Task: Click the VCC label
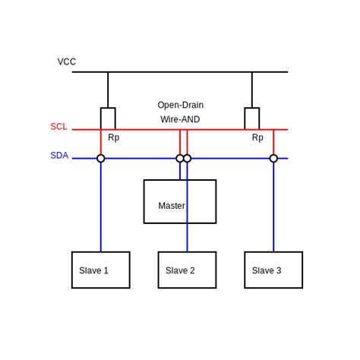(67, 62)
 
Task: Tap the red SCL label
(58, 127)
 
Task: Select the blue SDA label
(59, 156)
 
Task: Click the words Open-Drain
(180, 105)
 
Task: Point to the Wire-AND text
(180, 119)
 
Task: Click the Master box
(180, 202)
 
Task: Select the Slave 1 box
(100, 270)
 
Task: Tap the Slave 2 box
(187, 270)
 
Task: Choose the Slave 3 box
(273, 270)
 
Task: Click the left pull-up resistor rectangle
(108, 118)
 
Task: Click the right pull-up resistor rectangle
(252, 118)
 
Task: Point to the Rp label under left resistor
(113, 138)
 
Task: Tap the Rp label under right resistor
(257, 138)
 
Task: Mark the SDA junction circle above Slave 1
(101, 159)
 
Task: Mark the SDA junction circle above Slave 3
(273, 159)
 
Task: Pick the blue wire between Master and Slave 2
(187, 238)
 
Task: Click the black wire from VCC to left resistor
(108, 90)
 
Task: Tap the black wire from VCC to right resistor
(252, 90)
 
